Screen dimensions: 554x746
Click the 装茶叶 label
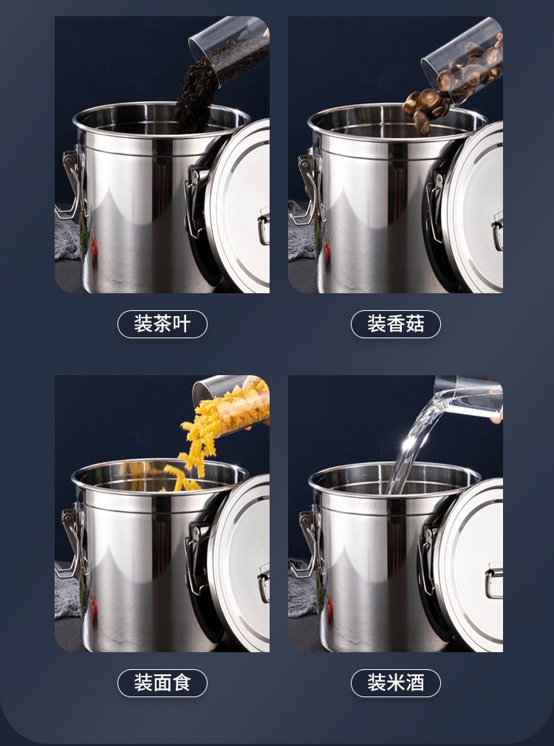163,324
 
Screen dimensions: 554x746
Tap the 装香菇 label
395,324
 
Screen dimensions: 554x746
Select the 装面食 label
163,683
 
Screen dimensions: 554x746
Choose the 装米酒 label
395,683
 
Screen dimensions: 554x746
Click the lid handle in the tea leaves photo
264,228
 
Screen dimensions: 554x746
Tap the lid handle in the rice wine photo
494,581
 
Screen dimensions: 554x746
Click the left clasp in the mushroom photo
304,188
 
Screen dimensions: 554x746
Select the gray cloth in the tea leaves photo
67,233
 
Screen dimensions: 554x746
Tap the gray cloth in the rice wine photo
301,590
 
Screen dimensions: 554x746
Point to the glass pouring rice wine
469,397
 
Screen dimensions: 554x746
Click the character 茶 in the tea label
163,324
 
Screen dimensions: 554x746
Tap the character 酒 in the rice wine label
414,683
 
